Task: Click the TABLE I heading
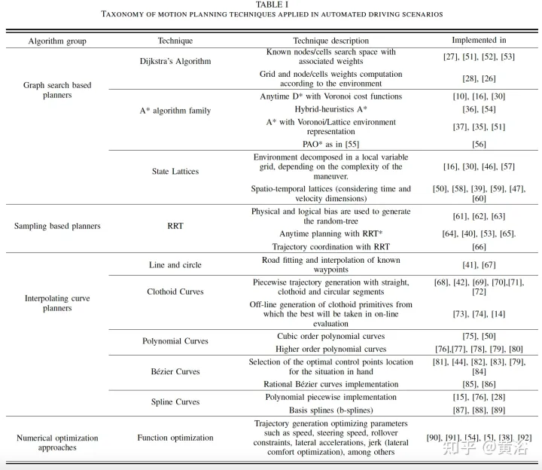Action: (270, 5)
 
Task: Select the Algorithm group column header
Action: (57, 41)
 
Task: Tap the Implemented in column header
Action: (479, 40)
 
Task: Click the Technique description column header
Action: (330, 41)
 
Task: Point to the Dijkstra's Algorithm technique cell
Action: (175, 61)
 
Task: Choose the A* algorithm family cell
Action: (175, 111)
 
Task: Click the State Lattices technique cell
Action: (175, 171)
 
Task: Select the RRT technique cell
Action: (175, 225)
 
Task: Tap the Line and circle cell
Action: (175, 265)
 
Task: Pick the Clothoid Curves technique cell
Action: (175, 291)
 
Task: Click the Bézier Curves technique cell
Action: (175, 372)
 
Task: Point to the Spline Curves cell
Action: (175, 402)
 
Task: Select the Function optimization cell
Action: (175, 438)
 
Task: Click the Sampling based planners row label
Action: (57, 225)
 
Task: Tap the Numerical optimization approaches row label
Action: (57, 442)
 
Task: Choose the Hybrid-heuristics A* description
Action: (330, 109)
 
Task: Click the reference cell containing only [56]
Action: (479, 144)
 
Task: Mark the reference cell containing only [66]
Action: (479, 247)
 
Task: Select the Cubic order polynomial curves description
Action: (330, 336)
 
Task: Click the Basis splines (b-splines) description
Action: (330, 410)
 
